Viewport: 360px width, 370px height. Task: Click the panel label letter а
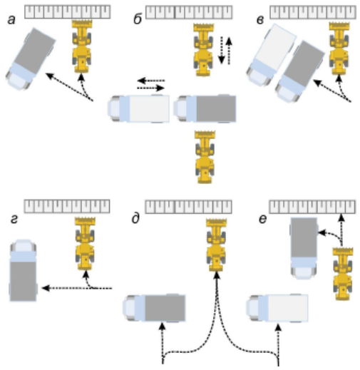tap(11, 20)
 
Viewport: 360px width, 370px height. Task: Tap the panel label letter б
tap(138, 19)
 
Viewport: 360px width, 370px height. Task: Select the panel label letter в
tap(260, 21)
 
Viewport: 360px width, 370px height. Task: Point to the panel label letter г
tap(14, 220)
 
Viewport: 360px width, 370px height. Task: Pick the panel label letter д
tap(135, 219)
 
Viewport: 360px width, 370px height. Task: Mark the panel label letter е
tap(262, 219)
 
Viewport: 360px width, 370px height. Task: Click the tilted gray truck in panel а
tap(31, 59)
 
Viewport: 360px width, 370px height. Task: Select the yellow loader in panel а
tap(82, 46)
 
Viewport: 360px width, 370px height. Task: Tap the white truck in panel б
tap(138, 108)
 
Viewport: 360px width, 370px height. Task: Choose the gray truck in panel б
tap(205, 108)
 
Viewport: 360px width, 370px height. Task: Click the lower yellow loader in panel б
tap(205, 157)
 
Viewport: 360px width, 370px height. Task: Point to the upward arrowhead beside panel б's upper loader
tap(229, 41)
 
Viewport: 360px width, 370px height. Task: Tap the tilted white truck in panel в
tap(271, 55)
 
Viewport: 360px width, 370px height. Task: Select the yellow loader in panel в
tap(339, 48)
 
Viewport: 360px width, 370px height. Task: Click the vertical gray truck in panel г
tap(23, 270)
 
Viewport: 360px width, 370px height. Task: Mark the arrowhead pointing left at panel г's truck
tap(46, 288)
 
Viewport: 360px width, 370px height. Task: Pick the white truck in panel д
tap(277, 308)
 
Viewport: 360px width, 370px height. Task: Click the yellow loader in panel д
tap(216, 245)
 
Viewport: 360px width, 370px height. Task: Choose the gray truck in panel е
tap(304, 248)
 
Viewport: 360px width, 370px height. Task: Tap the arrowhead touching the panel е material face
tap(341, 217)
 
